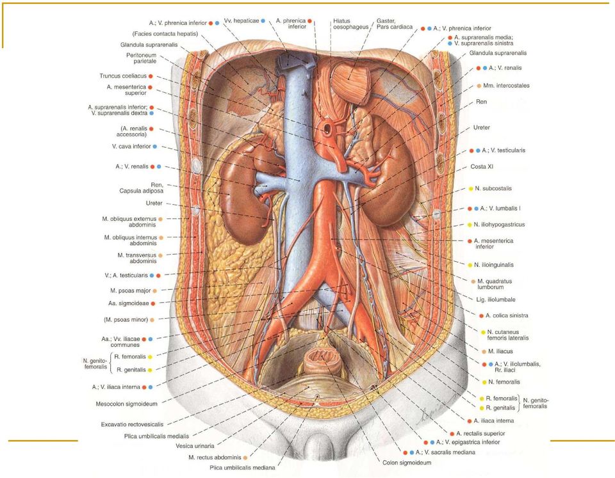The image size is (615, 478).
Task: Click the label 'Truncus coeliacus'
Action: (123, 76)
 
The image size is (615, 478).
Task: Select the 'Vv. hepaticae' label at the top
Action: (242, 20)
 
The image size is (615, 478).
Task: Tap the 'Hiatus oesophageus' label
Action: (350, 24)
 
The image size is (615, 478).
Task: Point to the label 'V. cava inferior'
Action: (131, 147)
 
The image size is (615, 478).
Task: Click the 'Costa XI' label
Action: (482, 167)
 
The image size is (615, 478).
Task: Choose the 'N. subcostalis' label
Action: (493, 189)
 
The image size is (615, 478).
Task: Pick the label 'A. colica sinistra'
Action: (507, 315)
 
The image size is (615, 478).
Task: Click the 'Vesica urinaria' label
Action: (195, 446)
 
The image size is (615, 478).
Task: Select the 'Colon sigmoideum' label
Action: (407, 463)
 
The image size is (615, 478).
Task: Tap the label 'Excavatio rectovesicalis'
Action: (132, 424)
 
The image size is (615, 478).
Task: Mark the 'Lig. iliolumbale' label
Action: (496, 299)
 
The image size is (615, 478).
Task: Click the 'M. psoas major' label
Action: (131, 291)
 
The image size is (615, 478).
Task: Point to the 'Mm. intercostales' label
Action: (506, 86)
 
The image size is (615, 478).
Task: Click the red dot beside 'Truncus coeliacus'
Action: (151, 76)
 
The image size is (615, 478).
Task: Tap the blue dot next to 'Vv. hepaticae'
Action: (263, 20)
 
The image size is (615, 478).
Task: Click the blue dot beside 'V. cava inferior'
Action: (155, 147)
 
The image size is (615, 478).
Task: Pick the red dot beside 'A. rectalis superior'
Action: (452, 434)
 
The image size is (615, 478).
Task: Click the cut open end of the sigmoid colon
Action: (321, 358)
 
